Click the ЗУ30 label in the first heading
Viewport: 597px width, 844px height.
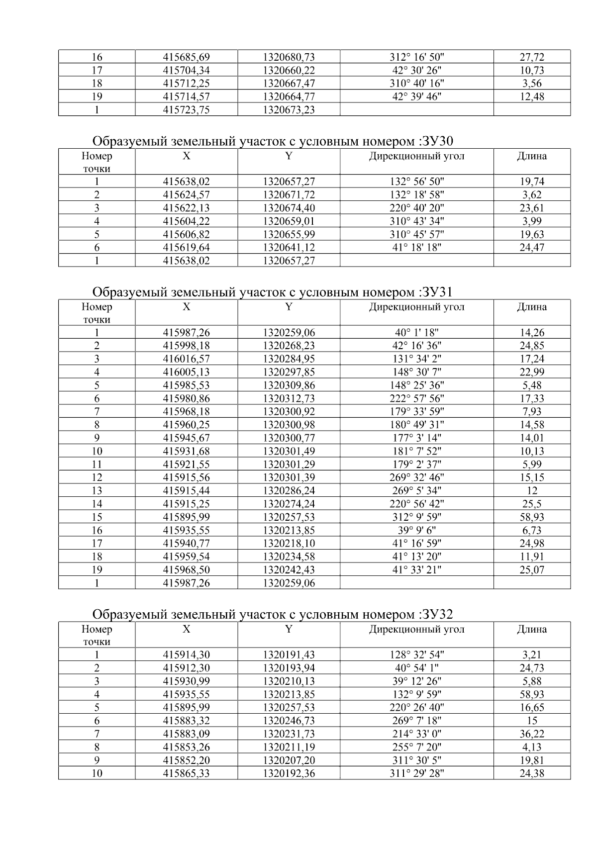(436, 142)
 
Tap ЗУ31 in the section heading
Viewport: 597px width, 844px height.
(436, 292)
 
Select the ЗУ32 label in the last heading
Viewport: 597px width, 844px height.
(436, 615)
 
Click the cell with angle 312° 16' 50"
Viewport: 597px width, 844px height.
(416, 57)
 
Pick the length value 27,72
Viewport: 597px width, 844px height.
(532, 57)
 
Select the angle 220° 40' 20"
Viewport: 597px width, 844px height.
(416, 208)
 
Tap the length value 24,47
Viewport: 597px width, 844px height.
(532, 247)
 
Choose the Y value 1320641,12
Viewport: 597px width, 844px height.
(289, 247)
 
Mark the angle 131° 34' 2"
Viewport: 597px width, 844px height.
(416, 359)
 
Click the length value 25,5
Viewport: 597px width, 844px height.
(532, 504)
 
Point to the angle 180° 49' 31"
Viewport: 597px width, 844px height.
(416, 425)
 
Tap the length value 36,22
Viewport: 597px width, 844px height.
(532, 734)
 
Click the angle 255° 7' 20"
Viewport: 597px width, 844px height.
(416, 747)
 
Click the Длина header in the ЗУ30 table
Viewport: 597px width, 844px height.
(532, 156)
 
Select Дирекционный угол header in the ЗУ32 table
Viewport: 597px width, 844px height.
(416, 629)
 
